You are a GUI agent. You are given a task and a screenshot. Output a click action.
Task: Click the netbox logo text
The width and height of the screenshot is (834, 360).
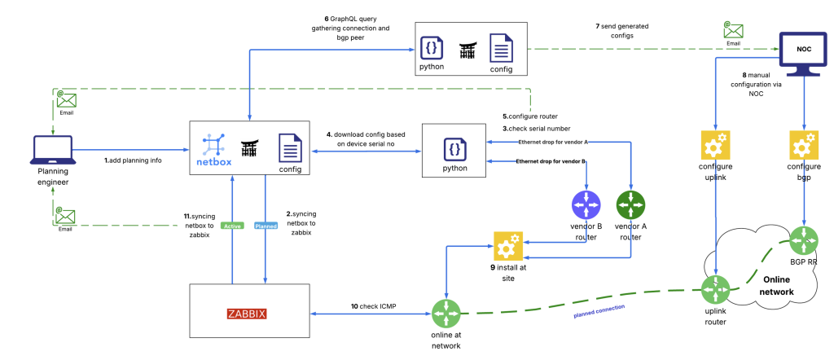(x=215, y=162)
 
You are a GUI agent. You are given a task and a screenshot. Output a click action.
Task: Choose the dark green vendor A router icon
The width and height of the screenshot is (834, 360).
(x=630, y=203)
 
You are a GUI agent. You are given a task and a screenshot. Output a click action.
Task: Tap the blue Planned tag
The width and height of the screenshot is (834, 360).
(x=266, y=226)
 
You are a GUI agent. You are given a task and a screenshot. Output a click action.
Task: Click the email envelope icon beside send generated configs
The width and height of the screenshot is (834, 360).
(x=733, y=31)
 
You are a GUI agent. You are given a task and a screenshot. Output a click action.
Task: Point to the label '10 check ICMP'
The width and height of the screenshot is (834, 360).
(x=373, y=306)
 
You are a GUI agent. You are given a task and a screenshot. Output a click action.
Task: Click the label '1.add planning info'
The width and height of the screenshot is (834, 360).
(x=133, y=160)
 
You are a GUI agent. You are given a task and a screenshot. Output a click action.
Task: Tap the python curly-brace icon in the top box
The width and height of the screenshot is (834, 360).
(x=432, y=48)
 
